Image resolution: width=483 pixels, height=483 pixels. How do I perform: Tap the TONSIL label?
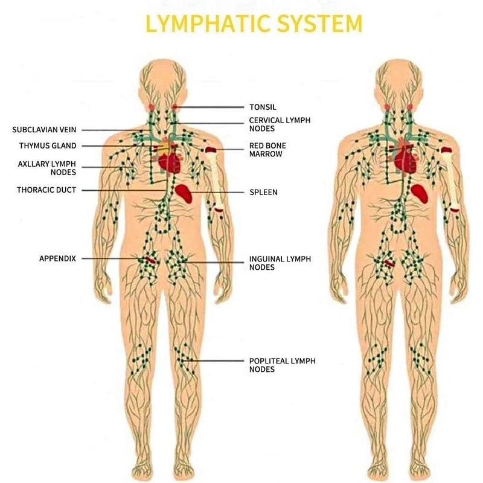[263, 107]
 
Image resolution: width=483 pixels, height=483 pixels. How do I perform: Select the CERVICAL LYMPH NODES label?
[280, 124]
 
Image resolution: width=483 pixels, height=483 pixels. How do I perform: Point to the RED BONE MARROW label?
[267, 150]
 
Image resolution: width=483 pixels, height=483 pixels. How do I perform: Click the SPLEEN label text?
[263, 193]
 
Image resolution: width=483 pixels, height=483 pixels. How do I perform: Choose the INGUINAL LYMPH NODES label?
[280, 263]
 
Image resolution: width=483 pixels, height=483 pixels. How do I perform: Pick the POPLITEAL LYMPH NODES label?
[282, 365]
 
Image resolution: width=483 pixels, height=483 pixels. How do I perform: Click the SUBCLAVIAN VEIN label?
[44, 129]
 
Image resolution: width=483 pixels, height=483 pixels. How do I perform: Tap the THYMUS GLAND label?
[48, 146]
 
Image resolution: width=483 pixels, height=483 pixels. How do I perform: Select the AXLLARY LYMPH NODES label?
[43, 168]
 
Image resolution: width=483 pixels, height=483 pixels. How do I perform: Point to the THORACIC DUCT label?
[46, 190]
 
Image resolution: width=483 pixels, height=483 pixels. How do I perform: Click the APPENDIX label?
[57, 258]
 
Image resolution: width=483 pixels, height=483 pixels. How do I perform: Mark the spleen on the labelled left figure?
[186, 193]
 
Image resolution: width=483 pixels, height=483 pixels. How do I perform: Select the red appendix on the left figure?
[149, 260]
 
